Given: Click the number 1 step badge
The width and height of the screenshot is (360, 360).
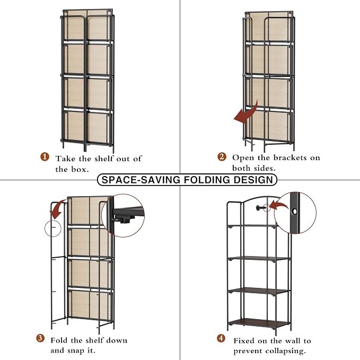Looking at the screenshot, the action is (x=45, y=157).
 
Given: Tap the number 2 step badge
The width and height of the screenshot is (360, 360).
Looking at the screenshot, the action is (x=222, y=157).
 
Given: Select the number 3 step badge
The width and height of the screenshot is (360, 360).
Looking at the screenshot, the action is (x=40, y=338).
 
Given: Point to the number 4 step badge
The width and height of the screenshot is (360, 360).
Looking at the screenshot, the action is (x=221, y=338).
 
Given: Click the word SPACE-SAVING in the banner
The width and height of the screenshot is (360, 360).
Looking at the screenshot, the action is (x=141, y=180).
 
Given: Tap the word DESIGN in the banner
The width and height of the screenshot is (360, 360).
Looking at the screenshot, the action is (x=253, y=180).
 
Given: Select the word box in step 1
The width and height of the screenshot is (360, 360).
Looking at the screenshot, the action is (x=80, y=170).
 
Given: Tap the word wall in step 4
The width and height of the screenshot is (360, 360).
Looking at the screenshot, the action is (x=293, y=341).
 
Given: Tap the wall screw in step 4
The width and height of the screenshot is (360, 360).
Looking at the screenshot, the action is (x=261, y=208).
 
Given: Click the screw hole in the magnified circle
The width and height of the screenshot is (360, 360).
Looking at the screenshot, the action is (x=294, y=212).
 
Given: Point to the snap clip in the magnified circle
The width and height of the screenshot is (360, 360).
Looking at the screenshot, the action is (x=124, y=219).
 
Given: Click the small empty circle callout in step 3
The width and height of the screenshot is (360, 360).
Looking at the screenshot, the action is (x=53, y=228).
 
